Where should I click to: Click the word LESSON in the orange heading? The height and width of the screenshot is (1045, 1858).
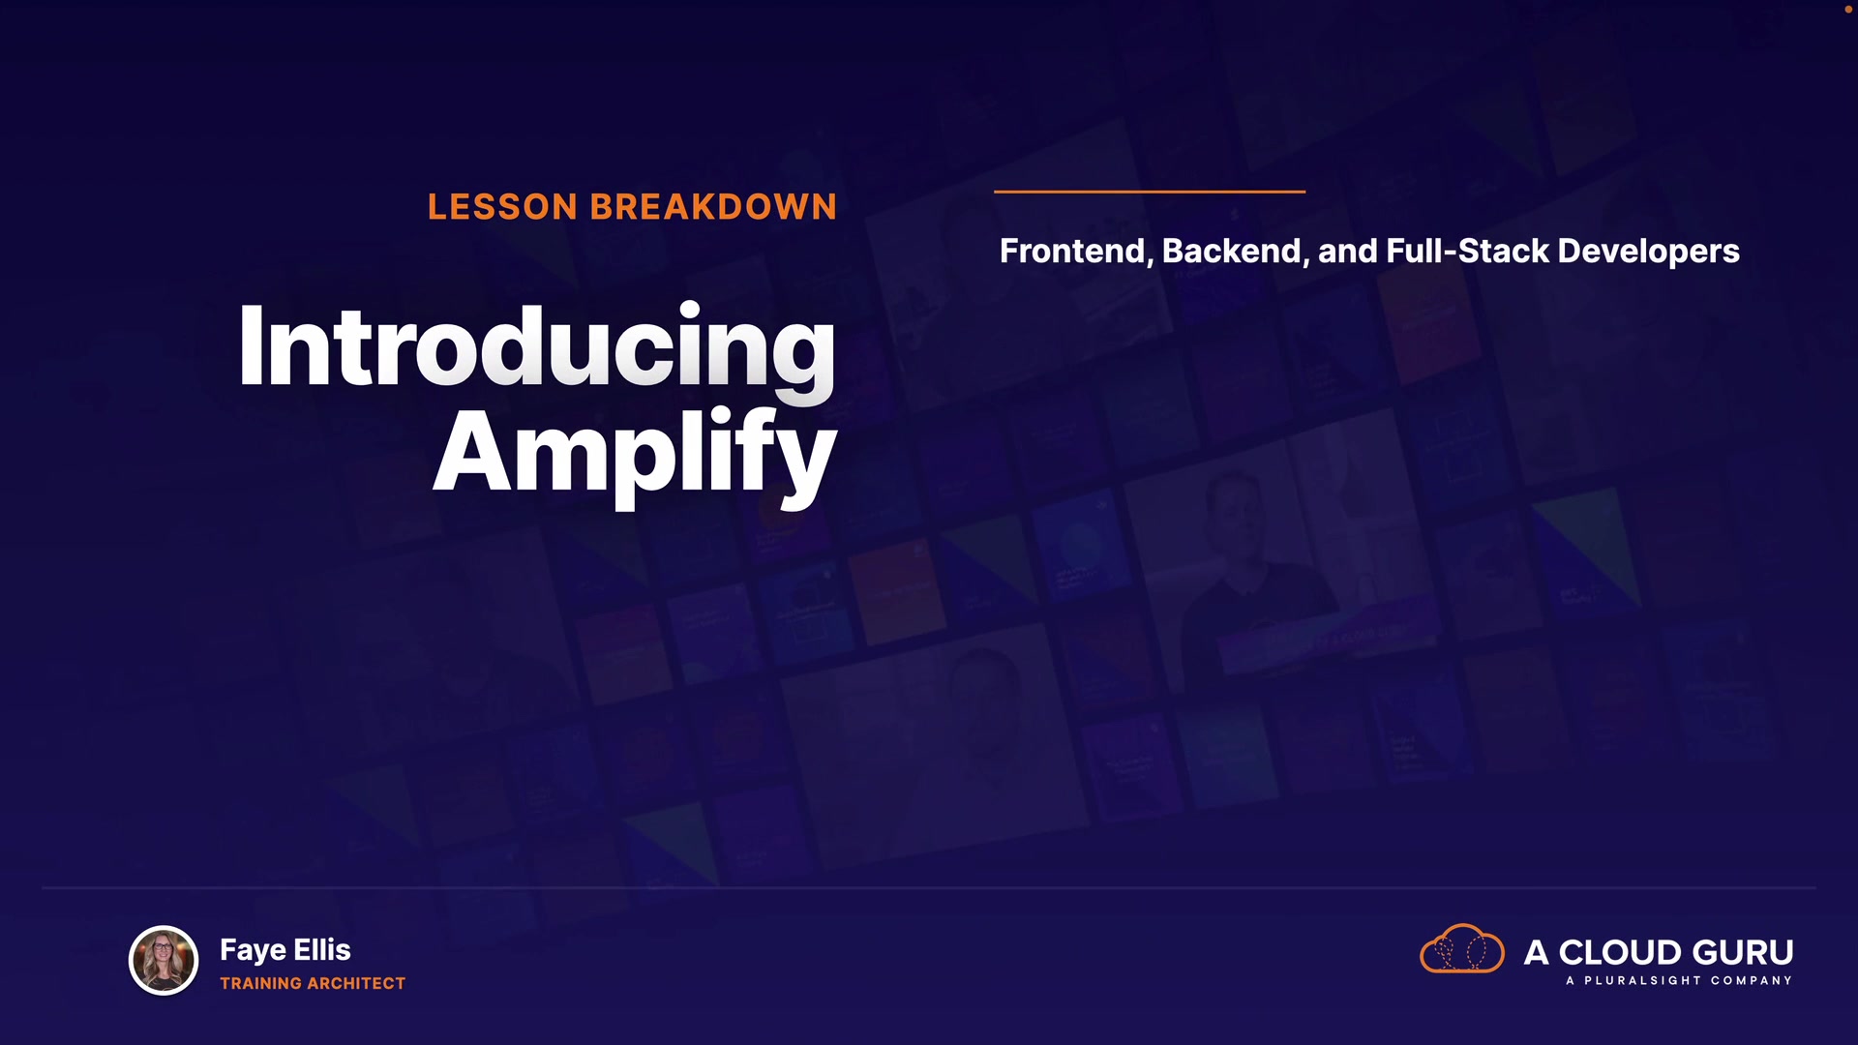[x=503, y=207]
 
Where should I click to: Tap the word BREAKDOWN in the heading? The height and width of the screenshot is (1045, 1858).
[x=713, y=207]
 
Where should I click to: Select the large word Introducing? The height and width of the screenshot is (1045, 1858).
[x=537, y=348]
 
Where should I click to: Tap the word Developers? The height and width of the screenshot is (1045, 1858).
[x=1649, y=253]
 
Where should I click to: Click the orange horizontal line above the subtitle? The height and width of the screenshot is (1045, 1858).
[x=1150, y=192]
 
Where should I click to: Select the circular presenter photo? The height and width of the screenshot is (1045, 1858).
[x=164, y=961]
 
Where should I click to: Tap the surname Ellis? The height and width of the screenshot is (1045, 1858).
[x=322, y=949]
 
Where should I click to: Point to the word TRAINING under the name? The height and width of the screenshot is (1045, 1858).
[x=260, y=983]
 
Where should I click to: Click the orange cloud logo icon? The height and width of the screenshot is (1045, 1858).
[x=1462, y=948]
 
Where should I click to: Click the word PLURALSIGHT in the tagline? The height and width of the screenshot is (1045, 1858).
[x=1642, y=981]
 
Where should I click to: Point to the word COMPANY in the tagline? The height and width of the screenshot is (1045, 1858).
[x=1752, y=981]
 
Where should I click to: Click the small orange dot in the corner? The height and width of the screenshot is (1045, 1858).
[x=1848, y=9]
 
